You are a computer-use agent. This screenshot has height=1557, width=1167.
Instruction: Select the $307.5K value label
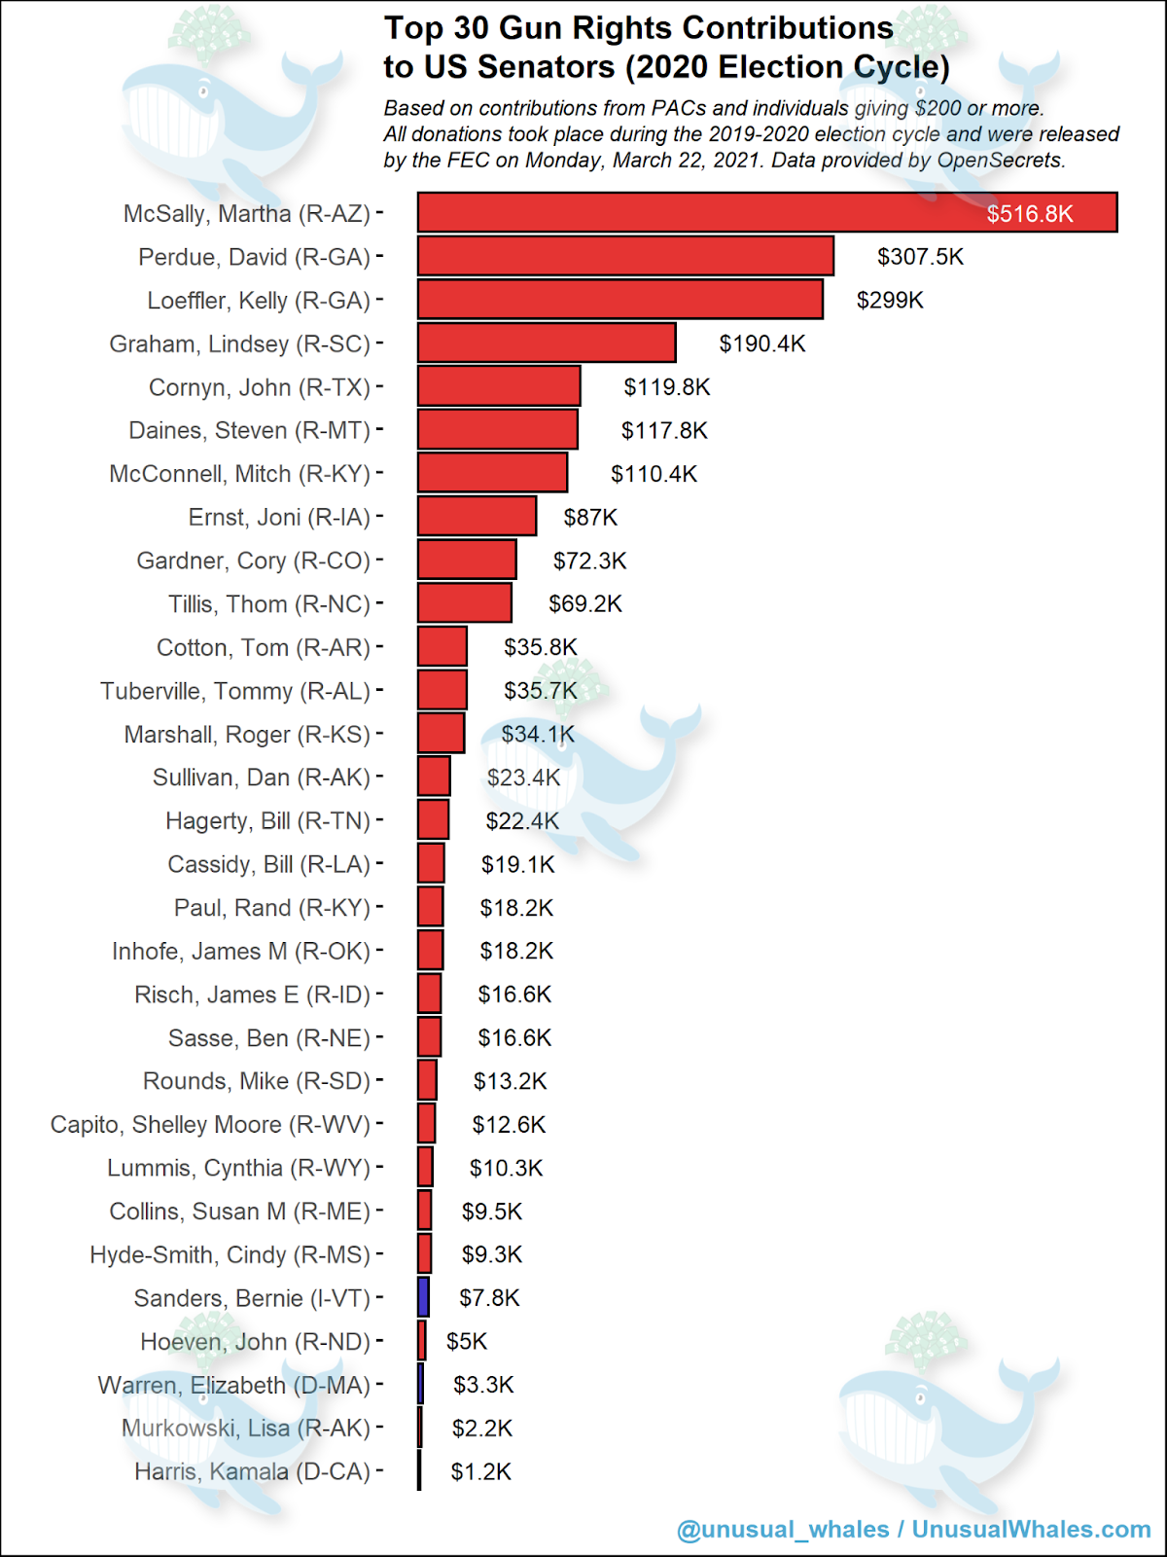pos(920,257)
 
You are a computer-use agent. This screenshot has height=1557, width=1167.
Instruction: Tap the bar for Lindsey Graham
pos(547,343)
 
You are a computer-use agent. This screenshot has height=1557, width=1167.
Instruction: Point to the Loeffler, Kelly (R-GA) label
pos(259,301)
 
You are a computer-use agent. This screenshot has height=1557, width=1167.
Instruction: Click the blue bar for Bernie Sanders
pos(424,1297)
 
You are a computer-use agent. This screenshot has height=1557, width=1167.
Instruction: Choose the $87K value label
pos(590,518)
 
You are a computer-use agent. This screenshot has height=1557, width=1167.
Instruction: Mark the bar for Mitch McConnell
pos(492,473)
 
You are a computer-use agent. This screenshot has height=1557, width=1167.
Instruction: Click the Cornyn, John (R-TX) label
pos(260,387)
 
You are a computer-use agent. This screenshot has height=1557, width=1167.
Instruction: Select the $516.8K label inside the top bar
pos(1029,214)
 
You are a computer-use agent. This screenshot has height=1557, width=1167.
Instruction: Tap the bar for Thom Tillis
pos(465,603)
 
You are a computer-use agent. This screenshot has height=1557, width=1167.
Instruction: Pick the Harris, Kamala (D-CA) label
pos(252,1471)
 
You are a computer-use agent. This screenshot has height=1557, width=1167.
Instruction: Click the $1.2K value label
pos(480,1471)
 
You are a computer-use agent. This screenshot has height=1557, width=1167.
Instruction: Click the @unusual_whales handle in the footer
pos(783,1530)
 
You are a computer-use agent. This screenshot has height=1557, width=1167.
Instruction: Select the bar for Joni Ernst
pos(477,517)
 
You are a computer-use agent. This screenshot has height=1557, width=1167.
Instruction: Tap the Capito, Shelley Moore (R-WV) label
pos(210,1125)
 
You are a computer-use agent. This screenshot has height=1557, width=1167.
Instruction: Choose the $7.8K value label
pos(489,1298)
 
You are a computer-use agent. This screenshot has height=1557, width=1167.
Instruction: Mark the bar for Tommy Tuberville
pos(442,690)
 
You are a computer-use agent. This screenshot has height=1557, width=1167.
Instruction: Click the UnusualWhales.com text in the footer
pos(1031,1530)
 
